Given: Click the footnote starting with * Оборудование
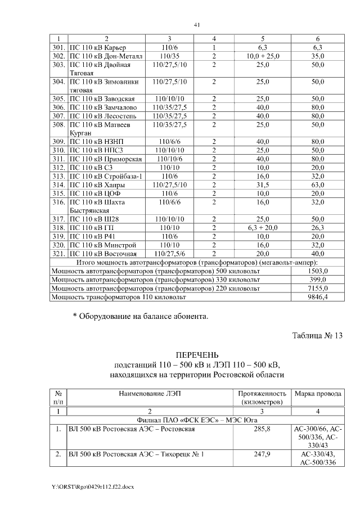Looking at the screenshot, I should [141, 317].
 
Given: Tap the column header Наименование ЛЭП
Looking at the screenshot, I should [150, 393].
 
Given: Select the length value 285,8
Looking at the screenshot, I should [262, 429].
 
